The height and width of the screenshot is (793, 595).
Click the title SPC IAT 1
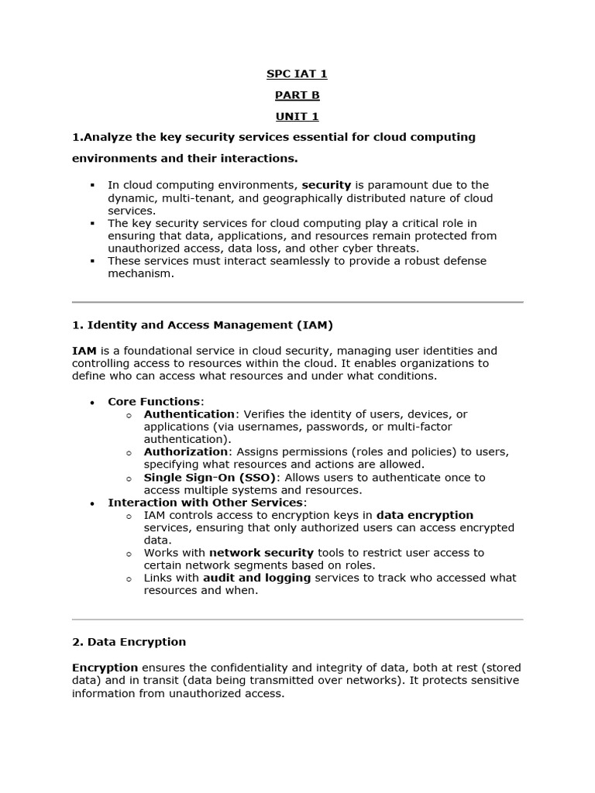tap(297, 74)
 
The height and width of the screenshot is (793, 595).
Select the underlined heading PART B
tap(297, 95)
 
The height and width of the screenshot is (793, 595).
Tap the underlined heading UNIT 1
tap(297, 117)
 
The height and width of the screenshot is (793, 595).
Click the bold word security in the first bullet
tap(326, 185)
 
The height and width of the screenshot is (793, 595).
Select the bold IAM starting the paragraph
tap(84, 351)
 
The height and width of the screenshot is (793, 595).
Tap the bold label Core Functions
tap(153, 401)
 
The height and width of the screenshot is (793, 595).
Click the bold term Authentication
tap(189, 414)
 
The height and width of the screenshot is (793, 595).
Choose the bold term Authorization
tap(186, 451)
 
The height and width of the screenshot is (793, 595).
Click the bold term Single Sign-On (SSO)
tap(210, 477)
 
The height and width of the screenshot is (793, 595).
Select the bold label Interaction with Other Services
tap(207, 503)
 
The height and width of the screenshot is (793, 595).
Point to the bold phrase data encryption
tap(425, 515)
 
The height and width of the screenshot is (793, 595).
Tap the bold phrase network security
tap(261, 553)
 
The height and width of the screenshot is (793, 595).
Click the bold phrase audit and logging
tap(256, 578)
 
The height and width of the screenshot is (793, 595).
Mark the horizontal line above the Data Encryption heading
tap(297, 620)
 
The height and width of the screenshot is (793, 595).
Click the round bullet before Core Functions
tap(92, 403)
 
